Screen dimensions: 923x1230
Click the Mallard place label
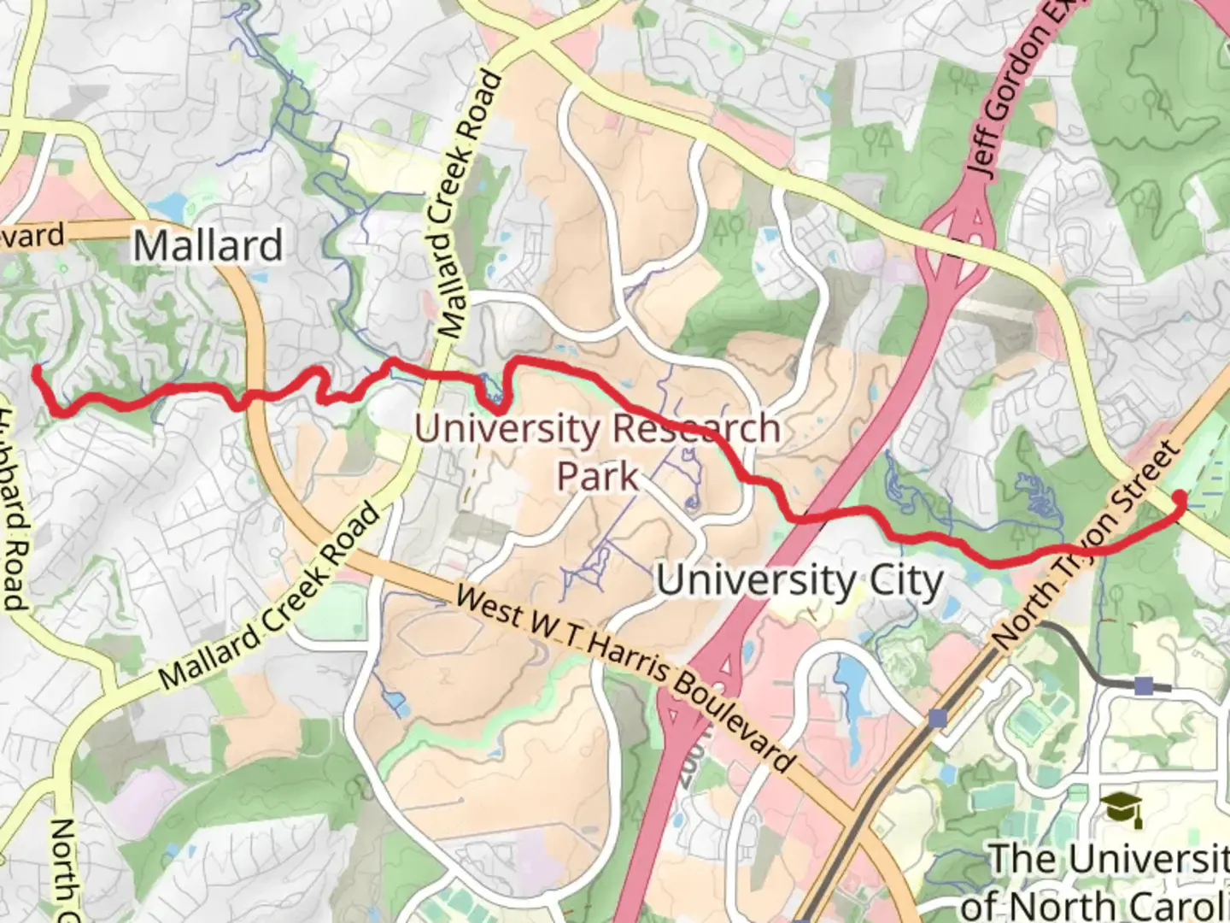point(208,246)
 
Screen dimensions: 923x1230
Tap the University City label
point(799,582)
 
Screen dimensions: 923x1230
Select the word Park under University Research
point(597,476)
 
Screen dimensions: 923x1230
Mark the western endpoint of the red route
point(37,370)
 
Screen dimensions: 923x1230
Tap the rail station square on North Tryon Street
point(938,718)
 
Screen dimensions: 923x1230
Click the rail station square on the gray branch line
point(1144,685)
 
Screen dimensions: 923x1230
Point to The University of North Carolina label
point(1102,880)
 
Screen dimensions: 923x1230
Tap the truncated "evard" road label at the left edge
point(32,235)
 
